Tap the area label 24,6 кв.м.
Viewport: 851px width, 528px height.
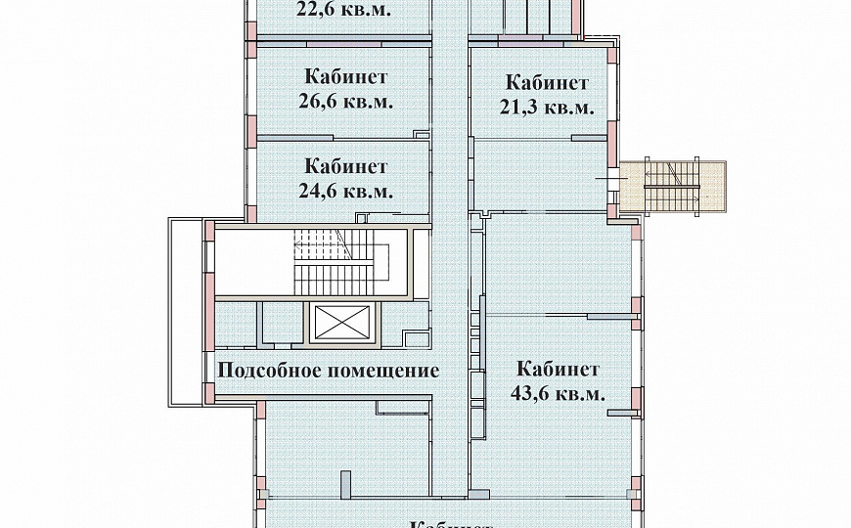(345, 191)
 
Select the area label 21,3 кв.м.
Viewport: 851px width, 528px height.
(547, 108)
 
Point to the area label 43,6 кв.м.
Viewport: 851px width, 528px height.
(558, 394)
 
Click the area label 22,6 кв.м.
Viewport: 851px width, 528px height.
(343, 11)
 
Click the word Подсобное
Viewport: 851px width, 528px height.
(274, 372)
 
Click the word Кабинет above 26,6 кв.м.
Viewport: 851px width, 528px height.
(345, 76)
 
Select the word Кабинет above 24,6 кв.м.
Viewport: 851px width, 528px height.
(345, 166)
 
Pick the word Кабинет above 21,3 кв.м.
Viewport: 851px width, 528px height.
(547, 83)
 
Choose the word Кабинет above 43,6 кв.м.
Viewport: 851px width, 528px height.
(558, 370)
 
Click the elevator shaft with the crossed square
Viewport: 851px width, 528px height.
(341, 322)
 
